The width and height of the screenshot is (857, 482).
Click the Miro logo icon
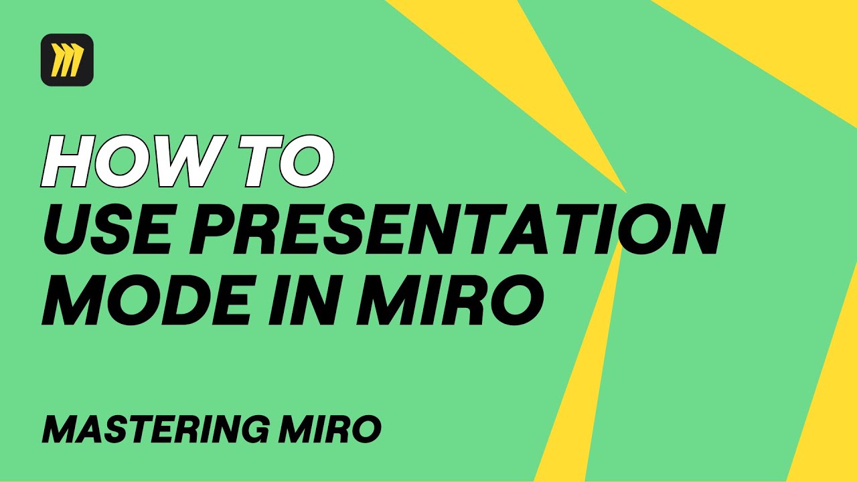(x=67, y=60)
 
